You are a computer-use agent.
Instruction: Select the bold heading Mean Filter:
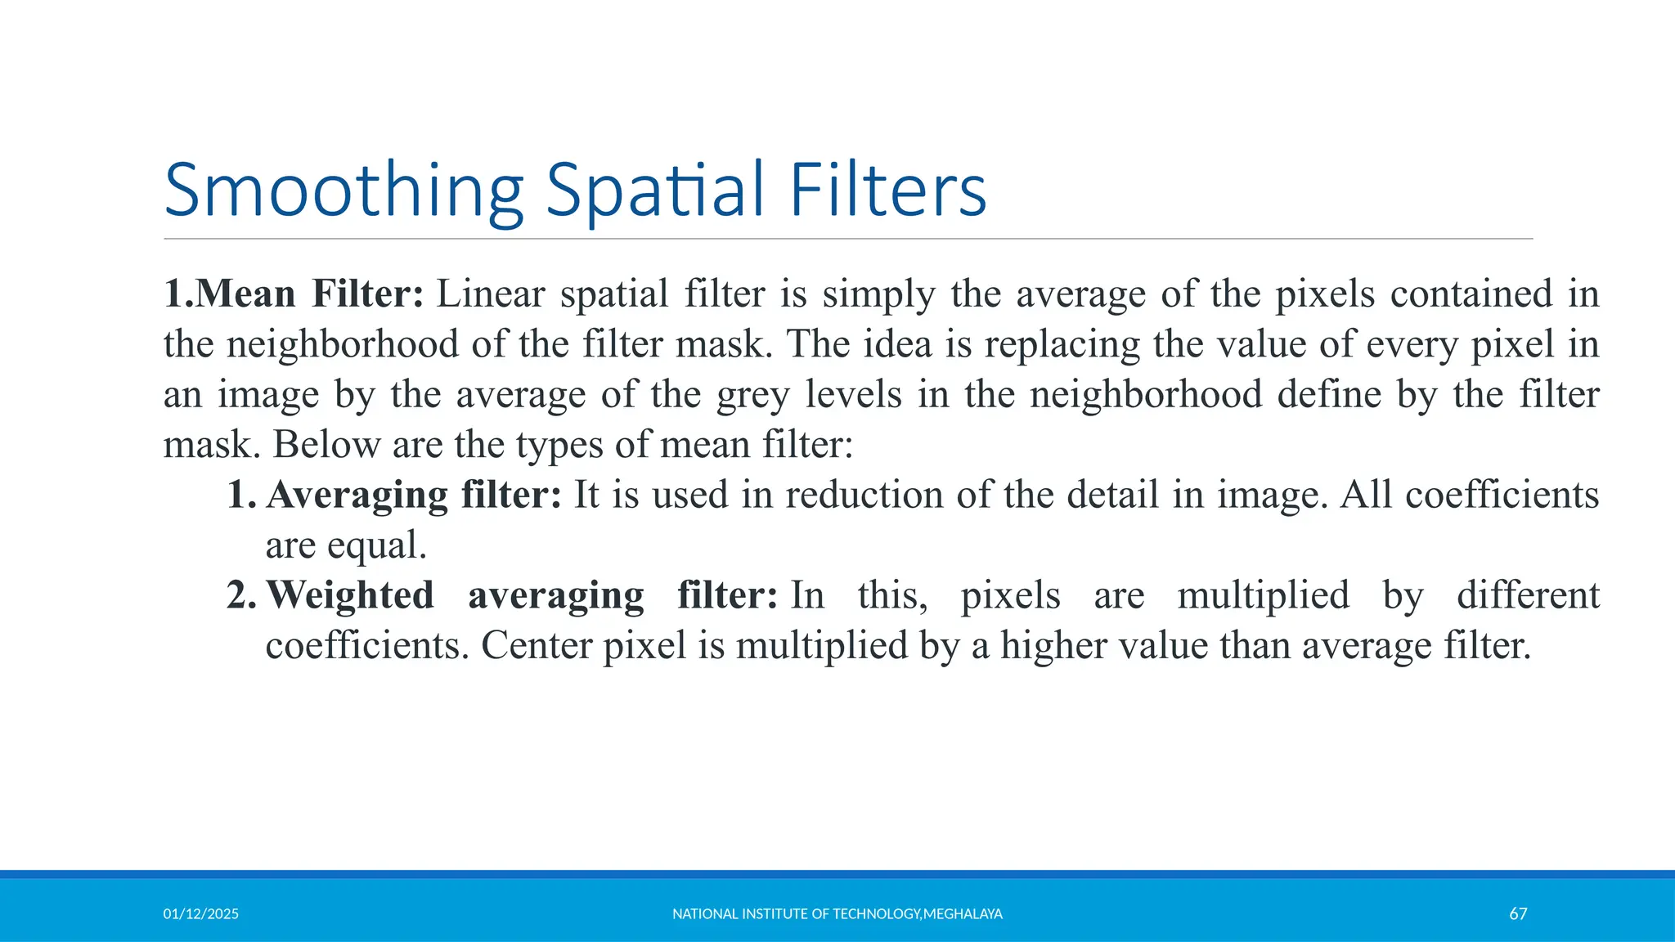coord(294,294)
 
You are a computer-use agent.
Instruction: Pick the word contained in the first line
coord(1471,294)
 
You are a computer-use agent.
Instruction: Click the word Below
coord(326,445)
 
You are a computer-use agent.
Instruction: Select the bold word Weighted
coord(350,596)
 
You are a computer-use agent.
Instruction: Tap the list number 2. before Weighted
coord(241,595)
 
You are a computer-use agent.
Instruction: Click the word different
coord(1528,595)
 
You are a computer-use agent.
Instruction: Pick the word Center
coord(535,646)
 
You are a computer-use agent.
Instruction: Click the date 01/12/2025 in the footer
coord(200,914)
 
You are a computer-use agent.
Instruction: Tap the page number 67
coord(1518,914)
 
